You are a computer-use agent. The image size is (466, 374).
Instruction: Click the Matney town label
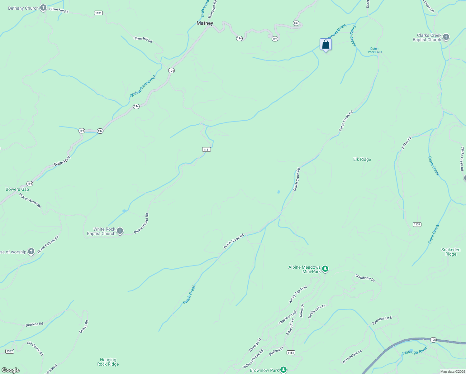point(205,23)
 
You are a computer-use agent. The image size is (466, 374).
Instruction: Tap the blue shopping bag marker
point(326,45)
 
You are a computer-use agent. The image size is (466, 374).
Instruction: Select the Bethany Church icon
point(43,8)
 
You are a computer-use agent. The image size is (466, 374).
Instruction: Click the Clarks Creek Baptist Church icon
point(446,37)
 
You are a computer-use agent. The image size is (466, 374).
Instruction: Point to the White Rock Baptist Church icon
point(120,231)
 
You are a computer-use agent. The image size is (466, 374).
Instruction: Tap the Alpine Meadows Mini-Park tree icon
point(325,269)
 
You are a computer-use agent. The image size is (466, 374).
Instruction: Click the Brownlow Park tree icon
point(283,370)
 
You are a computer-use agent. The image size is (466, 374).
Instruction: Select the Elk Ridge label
point(362,159)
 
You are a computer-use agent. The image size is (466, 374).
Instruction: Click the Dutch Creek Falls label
point(374,50)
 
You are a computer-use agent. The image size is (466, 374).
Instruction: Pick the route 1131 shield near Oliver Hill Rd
point(98,13)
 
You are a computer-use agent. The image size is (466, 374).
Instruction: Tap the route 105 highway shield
point(433,340)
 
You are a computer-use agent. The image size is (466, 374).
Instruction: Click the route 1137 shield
point(417,224)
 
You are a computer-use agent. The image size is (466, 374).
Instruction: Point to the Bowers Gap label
point(17,189)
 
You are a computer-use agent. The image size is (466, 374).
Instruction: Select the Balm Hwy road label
point(62,161)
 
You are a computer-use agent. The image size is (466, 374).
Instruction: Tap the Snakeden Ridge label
point(451,252)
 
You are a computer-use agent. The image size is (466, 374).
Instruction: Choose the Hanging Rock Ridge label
point(108,362)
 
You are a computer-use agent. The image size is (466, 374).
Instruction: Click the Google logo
point(11,370)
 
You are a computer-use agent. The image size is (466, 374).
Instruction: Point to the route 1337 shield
point(10,351)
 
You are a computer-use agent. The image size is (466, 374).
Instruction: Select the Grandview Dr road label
point(365,278)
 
